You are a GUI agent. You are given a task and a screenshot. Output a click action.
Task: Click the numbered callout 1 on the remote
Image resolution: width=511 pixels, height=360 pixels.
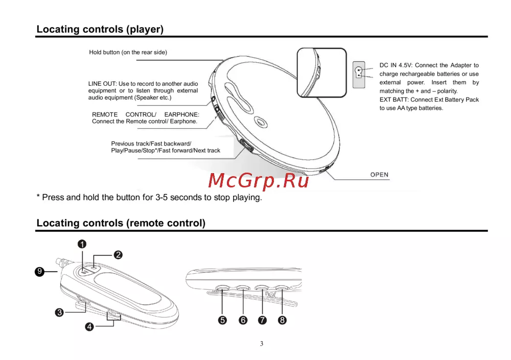pos(82,244)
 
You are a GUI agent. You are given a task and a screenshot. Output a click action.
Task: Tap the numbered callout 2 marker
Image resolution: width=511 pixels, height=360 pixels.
pos(118,254)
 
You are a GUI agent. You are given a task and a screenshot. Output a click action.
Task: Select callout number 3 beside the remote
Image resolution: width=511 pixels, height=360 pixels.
pos(59,313)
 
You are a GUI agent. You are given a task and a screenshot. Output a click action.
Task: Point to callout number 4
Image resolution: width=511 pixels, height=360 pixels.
pos(89,327)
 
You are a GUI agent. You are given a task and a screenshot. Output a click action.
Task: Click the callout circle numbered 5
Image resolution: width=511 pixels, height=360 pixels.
pos(222,320)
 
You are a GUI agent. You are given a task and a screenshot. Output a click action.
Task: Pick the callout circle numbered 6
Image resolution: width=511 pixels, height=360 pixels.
pos(243,320)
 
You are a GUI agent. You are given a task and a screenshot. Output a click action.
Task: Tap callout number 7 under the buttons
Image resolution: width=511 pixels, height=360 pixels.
pos(262,320)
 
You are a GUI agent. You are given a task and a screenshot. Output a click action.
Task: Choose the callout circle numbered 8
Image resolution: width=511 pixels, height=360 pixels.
pos(282,320)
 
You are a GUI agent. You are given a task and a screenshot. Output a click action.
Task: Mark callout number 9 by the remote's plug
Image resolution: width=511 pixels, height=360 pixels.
pos(39,272)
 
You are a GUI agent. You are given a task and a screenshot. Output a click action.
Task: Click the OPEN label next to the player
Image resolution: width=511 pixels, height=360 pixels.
pos(379,175)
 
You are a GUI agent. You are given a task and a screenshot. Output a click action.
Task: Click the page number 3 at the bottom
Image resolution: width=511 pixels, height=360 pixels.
pos(262,344)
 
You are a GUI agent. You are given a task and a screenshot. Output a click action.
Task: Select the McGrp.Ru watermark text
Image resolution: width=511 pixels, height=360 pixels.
pos(259,180)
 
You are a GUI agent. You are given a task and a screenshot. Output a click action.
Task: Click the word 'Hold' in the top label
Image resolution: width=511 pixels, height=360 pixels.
pos(96,52)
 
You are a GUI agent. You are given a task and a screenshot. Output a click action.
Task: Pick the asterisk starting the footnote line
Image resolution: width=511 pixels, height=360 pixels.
pos(38,197)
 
